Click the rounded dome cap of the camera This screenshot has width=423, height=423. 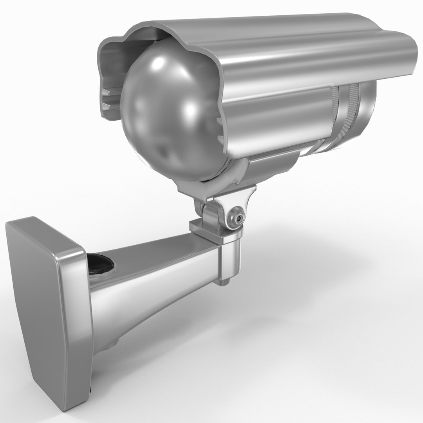coord(168,117)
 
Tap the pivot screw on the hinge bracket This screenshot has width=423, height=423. coord(235,217)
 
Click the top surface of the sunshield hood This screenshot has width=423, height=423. coord(274,35)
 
